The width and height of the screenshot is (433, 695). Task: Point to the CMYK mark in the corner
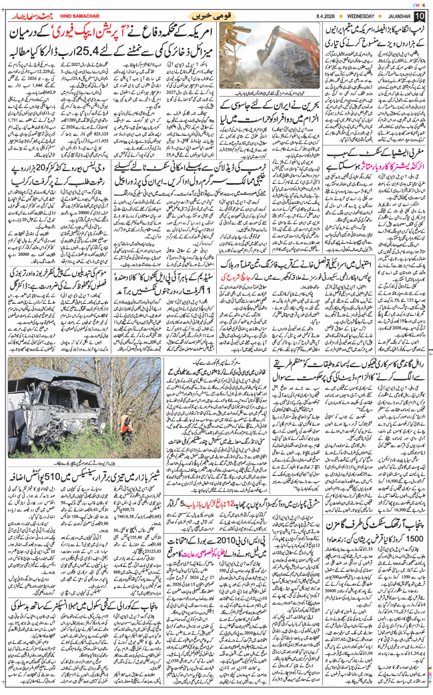[420, 3]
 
